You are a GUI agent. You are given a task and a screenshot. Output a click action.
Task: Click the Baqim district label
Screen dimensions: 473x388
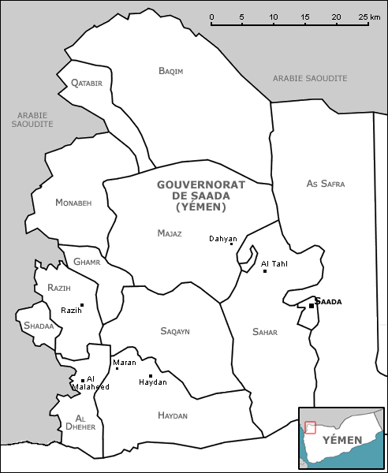(171, 71)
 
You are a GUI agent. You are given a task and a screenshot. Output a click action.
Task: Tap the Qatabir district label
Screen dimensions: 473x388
(87, 83)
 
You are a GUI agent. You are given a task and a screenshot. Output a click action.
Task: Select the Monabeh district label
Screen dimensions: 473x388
(73, 203)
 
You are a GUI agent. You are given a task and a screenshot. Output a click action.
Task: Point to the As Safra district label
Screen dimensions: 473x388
(326, 184)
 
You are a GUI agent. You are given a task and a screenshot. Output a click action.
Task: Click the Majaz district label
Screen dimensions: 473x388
(170, 233)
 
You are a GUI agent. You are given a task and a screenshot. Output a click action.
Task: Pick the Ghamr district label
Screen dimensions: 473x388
(86, 262)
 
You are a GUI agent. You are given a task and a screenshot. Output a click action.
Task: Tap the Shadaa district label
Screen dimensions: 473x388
(39, 326)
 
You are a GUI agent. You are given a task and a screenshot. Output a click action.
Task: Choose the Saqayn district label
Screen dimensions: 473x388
(175, 331)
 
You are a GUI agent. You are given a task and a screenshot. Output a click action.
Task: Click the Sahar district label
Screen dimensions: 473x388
(265, 332)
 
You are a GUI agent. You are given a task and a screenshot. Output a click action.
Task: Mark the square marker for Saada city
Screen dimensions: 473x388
(312, 306)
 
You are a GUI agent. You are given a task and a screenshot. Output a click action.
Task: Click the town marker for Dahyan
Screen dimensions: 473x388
(231, 244)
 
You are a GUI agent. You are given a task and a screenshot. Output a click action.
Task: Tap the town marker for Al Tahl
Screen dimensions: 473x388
(265, 271)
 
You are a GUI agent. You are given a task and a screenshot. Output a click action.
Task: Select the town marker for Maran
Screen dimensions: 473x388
(117, 368)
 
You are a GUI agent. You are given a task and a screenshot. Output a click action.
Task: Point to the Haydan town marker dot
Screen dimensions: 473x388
(151, 375)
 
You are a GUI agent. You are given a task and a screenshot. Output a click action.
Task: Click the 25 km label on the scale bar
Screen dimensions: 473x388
(363, 17)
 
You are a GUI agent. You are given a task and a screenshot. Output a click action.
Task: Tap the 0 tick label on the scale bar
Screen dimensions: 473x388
(211, 17)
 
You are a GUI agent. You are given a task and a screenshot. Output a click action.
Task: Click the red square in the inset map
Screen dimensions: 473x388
(310, 427)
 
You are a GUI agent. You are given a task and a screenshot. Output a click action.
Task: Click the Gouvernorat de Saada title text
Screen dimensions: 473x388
(201, 196)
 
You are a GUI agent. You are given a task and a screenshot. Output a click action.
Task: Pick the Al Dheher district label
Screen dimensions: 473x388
(84, 422)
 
